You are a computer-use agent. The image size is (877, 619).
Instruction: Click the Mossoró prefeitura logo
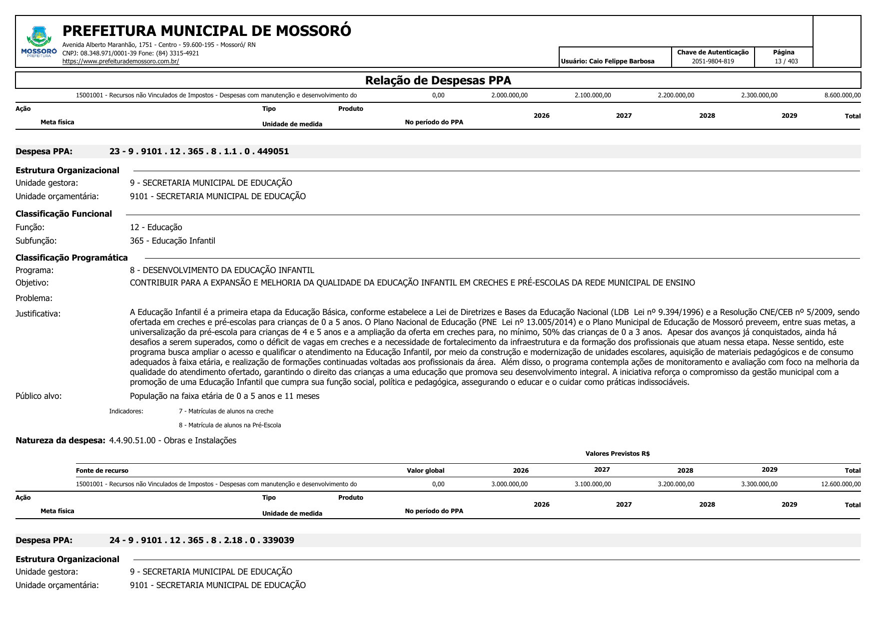point(39,42)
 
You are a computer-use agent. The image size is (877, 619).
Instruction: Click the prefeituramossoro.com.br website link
point(120,61)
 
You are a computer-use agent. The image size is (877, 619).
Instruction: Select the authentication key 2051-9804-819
point(713,61)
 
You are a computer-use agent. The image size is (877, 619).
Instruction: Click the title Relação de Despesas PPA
point(438,80)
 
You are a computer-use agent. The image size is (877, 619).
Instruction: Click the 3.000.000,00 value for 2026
point(509,484)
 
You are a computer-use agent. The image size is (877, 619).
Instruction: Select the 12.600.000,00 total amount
point(841,484)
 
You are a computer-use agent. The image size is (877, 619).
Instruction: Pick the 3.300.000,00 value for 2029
point(759,484)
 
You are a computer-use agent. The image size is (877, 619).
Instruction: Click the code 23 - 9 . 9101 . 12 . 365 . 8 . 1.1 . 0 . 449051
point(199,151)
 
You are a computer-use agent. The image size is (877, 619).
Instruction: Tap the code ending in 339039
point(201,540)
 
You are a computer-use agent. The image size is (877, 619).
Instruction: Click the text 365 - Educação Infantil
point(172,241)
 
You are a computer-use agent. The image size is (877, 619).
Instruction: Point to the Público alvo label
point(38,396)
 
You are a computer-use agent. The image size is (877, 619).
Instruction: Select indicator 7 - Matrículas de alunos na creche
point(226,411)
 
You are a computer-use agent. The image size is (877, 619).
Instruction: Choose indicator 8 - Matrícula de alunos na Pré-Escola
point(230,425)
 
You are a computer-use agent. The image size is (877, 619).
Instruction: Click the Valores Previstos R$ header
point(617,454)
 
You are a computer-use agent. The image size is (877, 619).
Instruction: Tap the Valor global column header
point(425,470)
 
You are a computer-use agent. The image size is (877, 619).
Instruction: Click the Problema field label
point(34,298)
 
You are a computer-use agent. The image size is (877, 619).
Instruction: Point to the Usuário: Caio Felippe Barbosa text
point(607,61)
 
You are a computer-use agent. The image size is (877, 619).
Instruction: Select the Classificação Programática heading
point(71,258)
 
